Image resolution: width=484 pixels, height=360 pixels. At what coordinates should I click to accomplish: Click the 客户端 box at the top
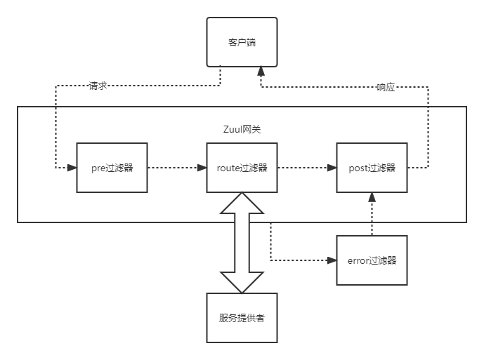coord(242,42)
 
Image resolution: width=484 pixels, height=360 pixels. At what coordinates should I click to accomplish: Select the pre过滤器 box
coord(112,168)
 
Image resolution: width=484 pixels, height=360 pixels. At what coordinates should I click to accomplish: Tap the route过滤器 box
coord(242,168)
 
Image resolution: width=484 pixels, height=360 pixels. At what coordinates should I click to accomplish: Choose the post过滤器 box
coord(372,168)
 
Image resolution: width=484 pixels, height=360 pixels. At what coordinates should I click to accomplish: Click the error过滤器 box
coord(372,260)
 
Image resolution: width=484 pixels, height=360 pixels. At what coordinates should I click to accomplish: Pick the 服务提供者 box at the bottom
coord(242,317)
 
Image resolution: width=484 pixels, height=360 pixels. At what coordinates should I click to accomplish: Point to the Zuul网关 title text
coord(241,130)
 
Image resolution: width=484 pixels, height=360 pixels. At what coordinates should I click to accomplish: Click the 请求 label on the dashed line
coord(98,87)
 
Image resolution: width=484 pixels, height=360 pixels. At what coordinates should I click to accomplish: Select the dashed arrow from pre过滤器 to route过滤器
coord(176,168)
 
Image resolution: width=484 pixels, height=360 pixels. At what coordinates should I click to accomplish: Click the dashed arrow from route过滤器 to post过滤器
coord(306,168)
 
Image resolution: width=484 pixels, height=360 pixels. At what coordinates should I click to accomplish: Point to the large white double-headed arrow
coord(242,242)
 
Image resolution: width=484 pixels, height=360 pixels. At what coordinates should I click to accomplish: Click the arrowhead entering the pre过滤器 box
coord(72,168)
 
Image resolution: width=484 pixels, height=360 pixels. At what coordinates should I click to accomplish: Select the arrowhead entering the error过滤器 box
coord(332,260)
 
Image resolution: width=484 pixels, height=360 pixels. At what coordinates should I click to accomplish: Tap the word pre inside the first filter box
coord(98,168)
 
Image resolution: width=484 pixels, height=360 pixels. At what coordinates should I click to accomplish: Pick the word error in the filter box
coord(359,260)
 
